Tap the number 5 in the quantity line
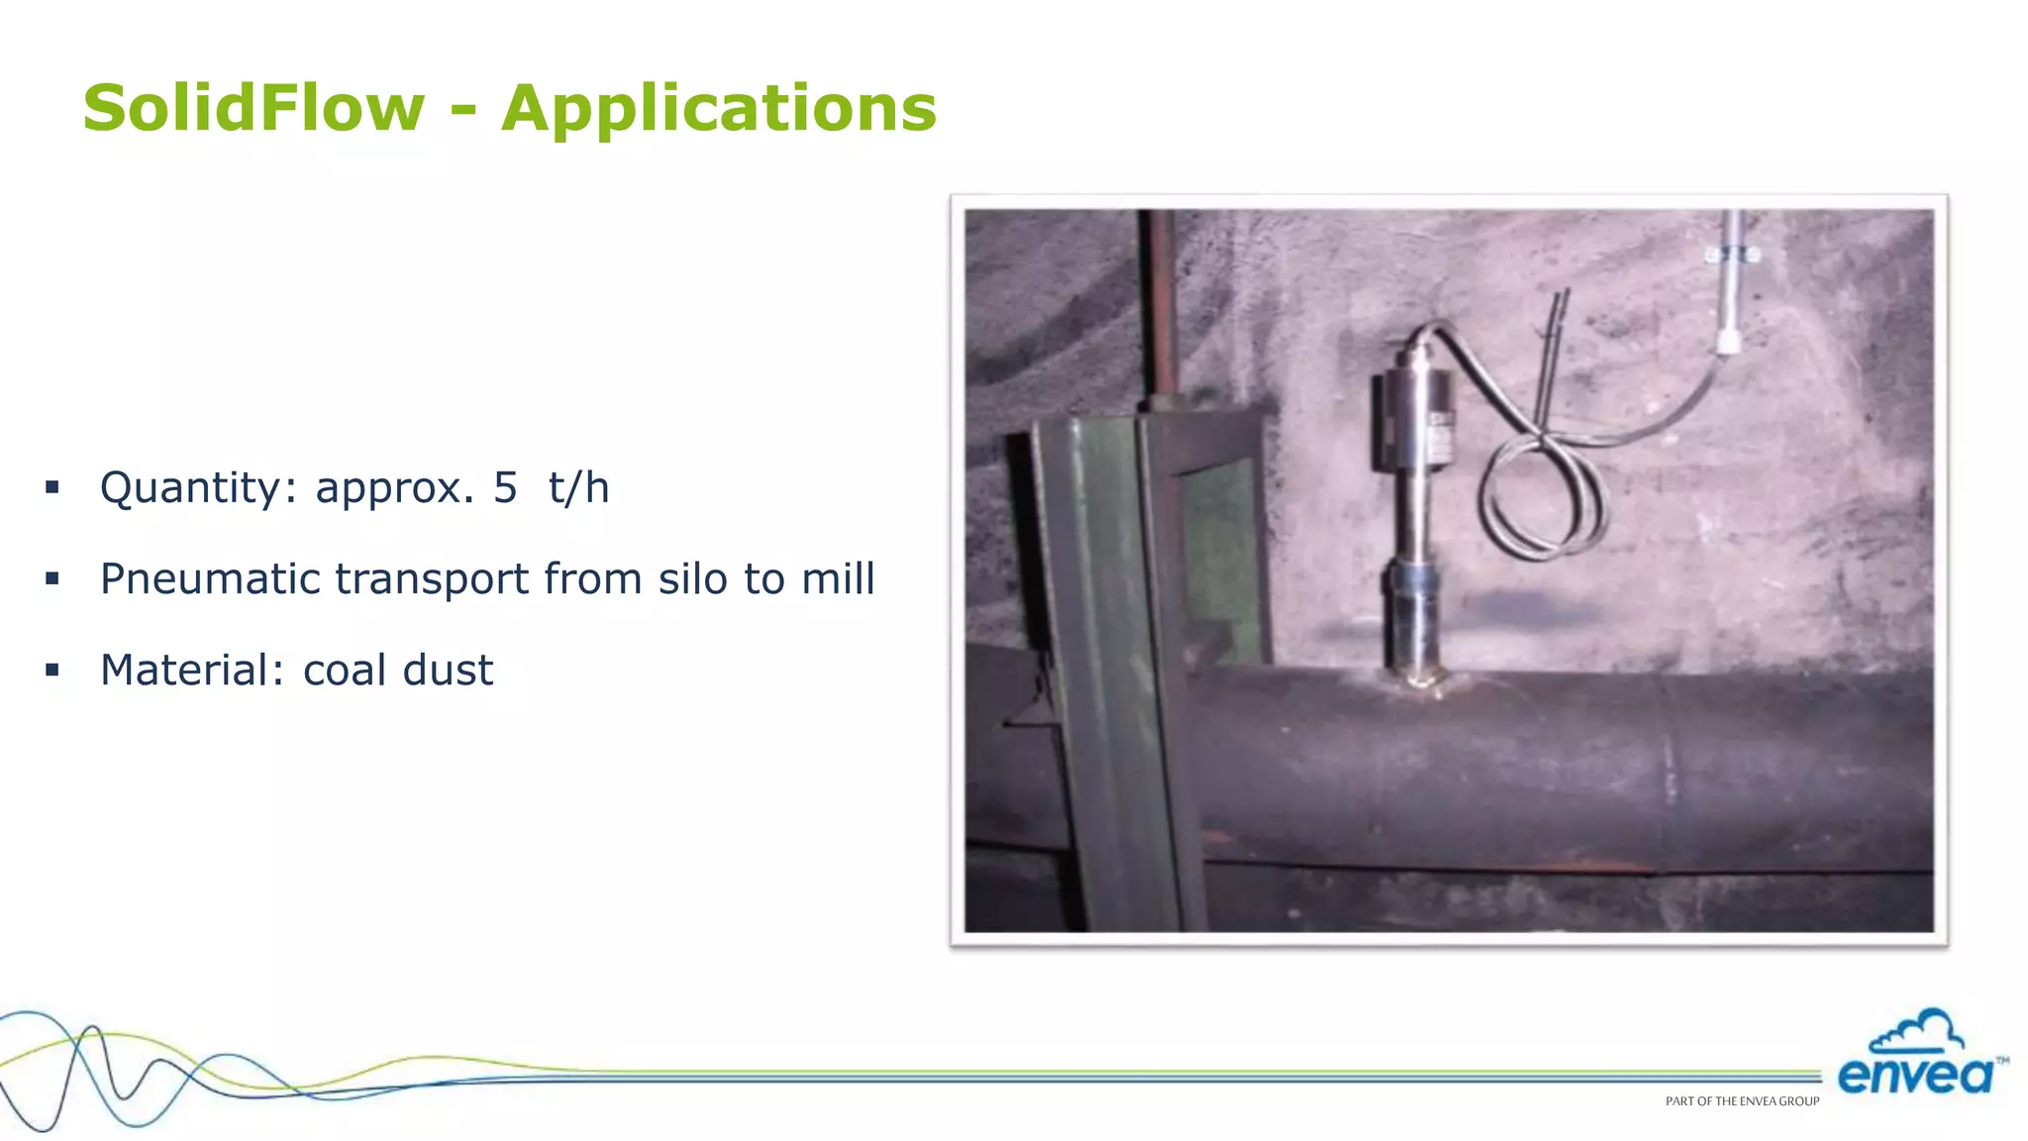(505, 487)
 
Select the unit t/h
(578, 487)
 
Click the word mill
(838, 579)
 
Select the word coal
(344, 671)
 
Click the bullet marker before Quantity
(52, 487)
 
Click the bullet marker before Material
(52, 671)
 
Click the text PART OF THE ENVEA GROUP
(1742, 1101)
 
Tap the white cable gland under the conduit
(1728, 343)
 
